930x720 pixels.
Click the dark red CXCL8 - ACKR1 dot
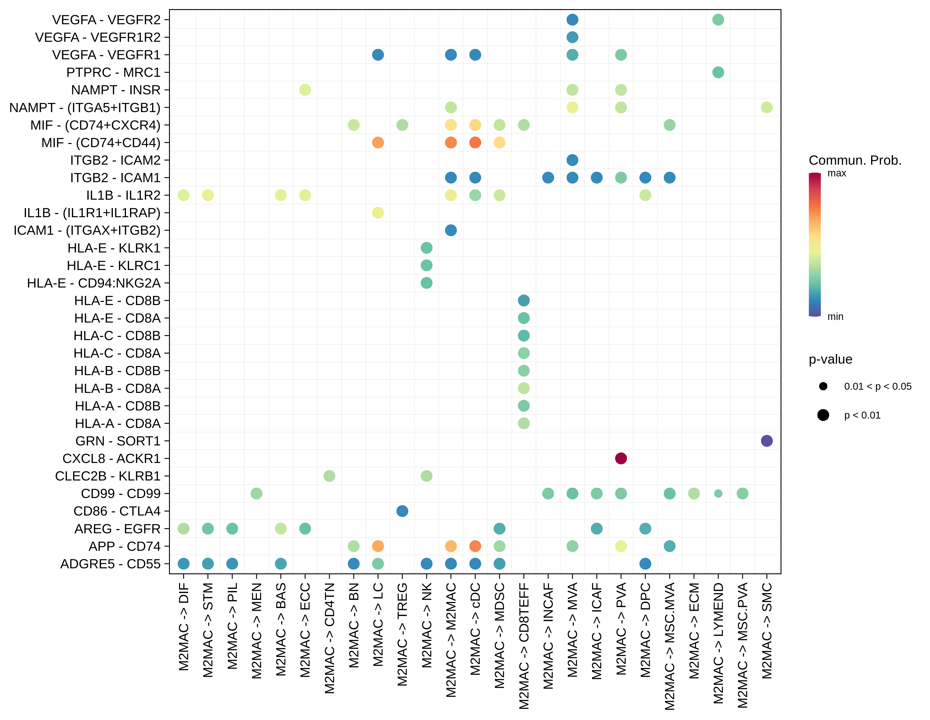coord(621,459)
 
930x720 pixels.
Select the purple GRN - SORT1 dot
coord(767,441)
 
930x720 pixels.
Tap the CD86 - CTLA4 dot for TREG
coord(402,511)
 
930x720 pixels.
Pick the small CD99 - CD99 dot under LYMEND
coord(718,493)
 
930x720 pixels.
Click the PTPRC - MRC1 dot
coord(718,72)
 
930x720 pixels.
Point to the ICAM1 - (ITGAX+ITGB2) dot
coord(450,230)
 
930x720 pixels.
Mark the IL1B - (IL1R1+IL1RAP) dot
coord(378,212)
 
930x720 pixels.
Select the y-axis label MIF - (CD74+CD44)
coord(101,143)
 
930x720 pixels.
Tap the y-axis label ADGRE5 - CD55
coord(110,564)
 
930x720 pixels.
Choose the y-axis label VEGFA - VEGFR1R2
coord(98,37)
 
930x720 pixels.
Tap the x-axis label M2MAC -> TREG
coord(402,634)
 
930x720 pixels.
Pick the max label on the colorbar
coord(836,173)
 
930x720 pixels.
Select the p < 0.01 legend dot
coord(823,415)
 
